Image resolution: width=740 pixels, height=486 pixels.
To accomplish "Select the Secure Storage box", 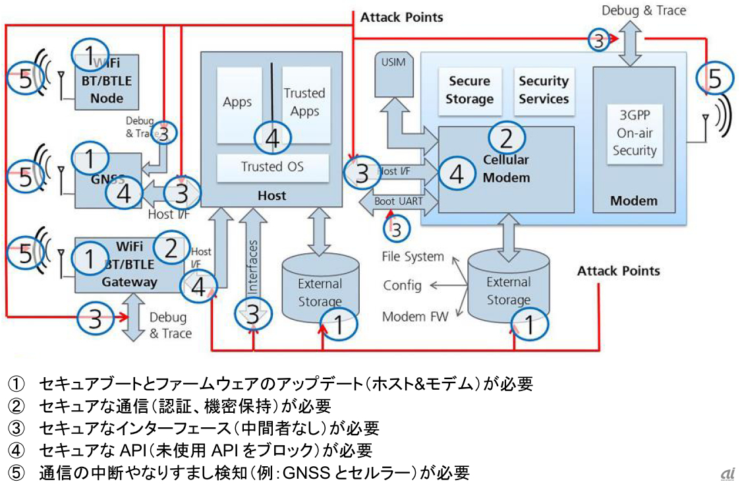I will tap(469, 90).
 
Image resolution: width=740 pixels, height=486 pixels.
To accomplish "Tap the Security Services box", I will tap(544, 90).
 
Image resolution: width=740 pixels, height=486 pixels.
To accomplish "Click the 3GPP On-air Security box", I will tap(635, 133).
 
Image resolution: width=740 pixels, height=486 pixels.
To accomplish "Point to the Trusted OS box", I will tap(272, 167).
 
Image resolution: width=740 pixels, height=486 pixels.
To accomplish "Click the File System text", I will tap(413, 257).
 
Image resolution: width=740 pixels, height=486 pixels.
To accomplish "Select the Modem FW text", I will tap(415, 317).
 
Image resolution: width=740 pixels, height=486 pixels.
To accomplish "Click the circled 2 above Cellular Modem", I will tap(506, 138).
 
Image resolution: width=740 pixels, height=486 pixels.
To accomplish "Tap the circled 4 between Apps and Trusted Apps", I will tap(272, 137).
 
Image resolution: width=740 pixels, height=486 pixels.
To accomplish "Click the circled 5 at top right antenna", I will tap(714, 78).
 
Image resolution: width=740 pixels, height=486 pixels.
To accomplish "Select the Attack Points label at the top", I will tap(401, 16).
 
